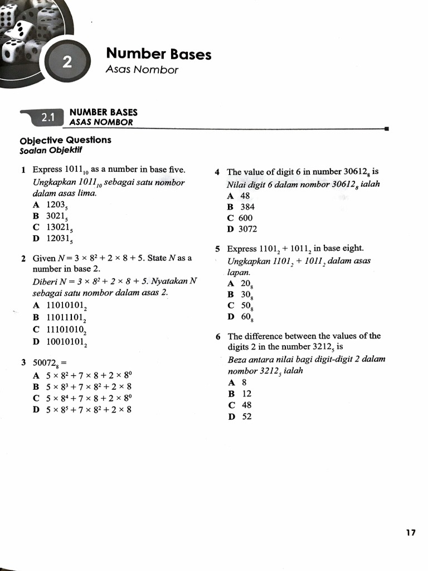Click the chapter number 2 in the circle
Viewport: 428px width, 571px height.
(66, 62)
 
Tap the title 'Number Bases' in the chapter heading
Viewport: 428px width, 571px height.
(158, 54)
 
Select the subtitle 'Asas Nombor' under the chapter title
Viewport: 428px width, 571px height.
(142, 70)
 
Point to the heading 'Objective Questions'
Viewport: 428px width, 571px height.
(65, 140)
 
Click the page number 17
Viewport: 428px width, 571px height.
(411, 533)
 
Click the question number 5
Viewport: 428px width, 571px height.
(218, 249)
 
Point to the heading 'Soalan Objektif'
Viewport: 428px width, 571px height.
(51, 151)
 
